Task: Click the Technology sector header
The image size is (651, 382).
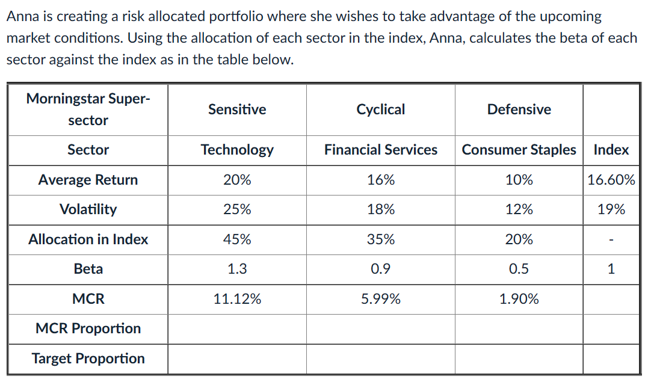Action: click(237, 150)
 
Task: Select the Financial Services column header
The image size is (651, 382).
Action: click(381, 150)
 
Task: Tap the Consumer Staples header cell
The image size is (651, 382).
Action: click(519, 150)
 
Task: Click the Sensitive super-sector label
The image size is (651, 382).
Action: click(237, 109)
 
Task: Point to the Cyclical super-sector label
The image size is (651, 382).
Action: click(381, 109)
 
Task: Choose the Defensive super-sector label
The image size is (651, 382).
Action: click(519, 109)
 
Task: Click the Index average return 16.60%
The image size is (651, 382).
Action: click(611, 180)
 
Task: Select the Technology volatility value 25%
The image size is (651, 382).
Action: click(237, 209)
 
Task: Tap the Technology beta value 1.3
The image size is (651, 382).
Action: click(237, 269)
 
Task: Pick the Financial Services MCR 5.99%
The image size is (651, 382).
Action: click(381, 299)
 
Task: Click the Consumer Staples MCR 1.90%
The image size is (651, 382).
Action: click(519, 299)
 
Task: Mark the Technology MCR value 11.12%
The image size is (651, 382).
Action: click(237, 299)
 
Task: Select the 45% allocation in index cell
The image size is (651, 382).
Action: click(237, 239)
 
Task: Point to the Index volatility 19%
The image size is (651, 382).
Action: click(611, 209)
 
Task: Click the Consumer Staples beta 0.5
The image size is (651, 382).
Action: click(519, 269)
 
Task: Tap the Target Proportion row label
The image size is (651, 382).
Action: click(88, 359)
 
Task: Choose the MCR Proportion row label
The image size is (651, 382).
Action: click(88, 328)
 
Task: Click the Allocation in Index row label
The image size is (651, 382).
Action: click(88, 239)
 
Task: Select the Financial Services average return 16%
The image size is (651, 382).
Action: click(381, 180)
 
